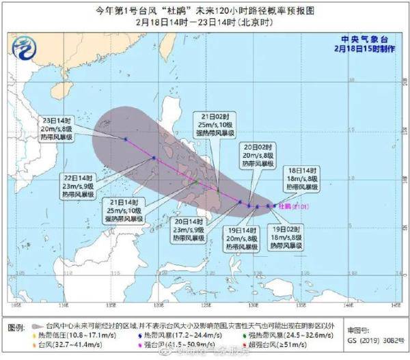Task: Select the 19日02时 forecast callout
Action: [x=286, y=236]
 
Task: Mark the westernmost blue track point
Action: [x=126, y=139]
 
